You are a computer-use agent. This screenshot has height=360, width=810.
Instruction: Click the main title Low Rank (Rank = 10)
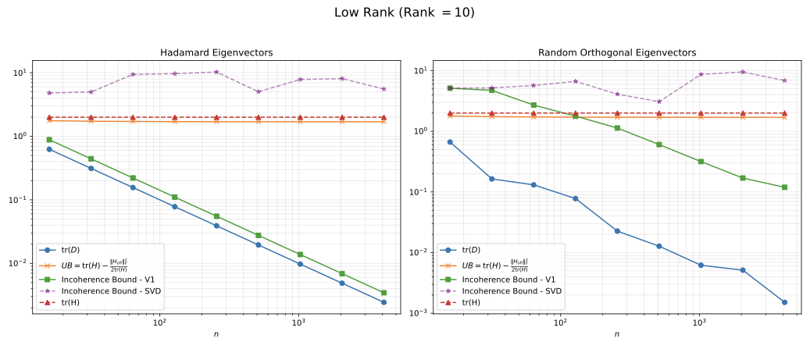404,12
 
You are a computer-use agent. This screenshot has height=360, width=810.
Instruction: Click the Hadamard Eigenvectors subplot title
216,52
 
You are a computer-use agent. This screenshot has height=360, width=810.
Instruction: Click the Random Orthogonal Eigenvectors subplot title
616,52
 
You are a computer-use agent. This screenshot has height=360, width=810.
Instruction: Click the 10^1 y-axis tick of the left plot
20,73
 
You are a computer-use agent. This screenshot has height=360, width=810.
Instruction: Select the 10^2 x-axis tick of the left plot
159,323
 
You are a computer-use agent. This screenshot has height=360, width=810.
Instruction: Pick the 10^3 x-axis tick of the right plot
698,323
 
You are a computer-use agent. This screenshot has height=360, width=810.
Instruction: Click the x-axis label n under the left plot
216,334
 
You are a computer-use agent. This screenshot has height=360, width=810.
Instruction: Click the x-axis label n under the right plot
616,334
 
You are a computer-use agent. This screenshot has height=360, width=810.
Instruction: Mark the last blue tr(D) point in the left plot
384,302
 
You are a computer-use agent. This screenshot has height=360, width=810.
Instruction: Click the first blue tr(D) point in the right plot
450,142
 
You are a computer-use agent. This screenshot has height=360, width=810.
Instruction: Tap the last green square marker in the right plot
783,187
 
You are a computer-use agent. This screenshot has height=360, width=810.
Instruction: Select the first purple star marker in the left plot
49,93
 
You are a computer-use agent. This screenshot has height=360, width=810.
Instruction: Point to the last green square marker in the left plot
384,293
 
